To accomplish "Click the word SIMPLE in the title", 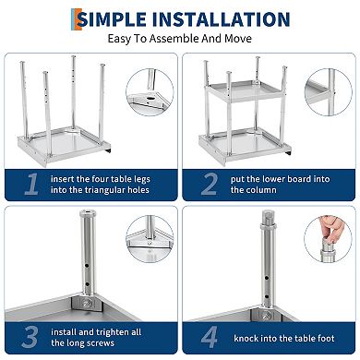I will (121, 18).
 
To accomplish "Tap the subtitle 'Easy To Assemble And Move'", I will (180, 40).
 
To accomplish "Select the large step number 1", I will (31, 185).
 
